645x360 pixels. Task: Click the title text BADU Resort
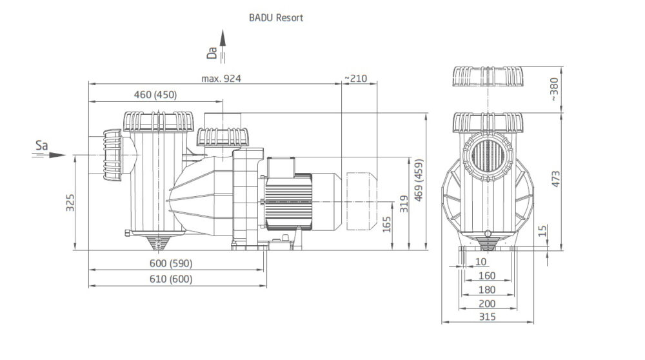tap(275, 18)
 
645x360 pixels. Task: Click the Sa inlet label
tap(41, 146)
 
